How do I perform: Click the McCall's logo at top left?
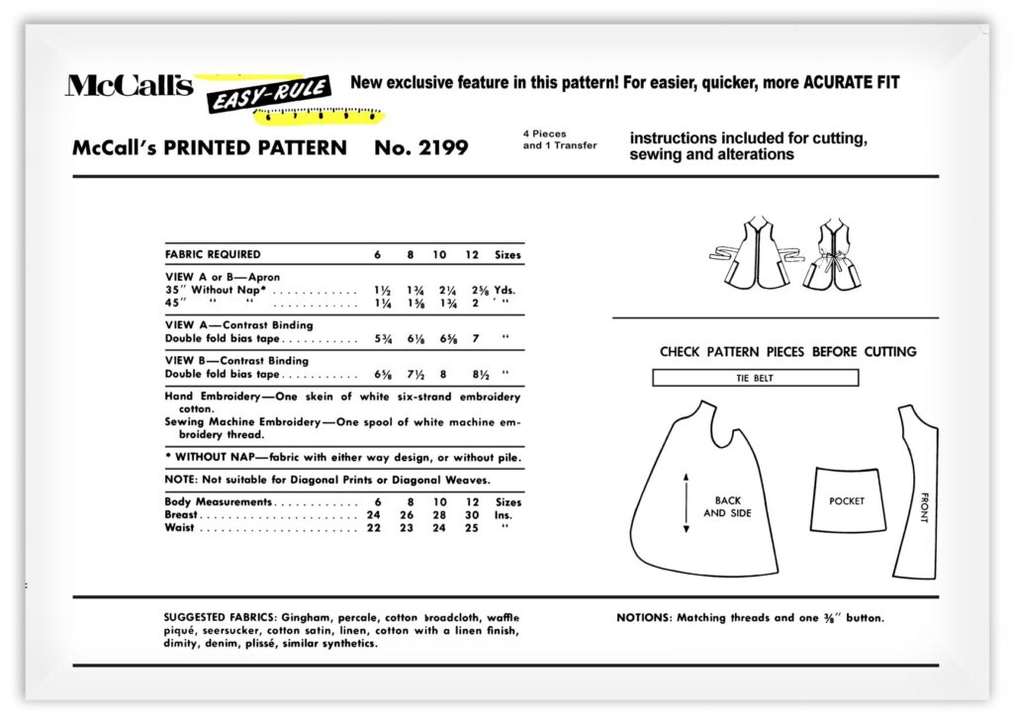tap(129, 86)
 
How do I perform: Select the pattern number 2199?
tap(421, 148)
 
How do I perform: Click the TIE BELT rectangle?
tap(755, 378)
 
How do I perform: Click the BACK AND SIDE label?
tap(727, 506)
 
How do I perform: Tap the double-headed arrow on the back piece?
tap(685, 503)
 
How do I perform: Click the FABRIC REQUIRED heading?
tap(213, 254)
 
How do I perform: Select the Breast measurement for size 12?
tap(472, 515)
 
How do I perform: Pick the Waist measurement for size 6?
tap(377, 528)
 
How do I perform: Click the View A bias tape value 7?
tap(473, 338)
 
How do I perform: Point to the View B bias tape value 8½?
tap(473, 375)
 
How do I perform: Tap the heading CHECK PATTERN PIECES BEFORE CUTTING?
tap(787, 351)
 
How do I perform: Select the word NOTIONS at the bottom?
tap(644, 618)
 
